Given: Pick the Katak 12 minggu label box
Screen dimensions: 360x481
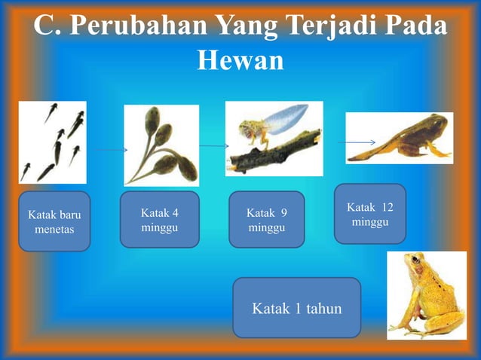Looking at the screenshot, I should (369, 215).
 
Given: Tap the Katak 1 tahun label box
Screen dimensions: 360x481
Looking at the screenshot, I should (296, 308).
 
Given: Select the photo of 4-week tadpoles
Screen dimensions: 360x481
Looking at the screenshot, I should (161, 145).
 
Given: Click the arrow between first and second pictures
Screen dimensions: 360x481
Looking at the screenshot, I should (111, 150).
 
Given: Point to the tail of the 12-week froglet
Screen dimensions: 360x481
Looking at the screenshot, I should (369, 154).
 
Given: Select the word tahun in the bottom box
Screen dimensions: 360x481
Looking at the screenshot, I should (323, 308).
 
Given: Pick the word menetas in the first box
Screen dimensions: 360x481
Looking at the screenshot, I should (54, 229).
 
